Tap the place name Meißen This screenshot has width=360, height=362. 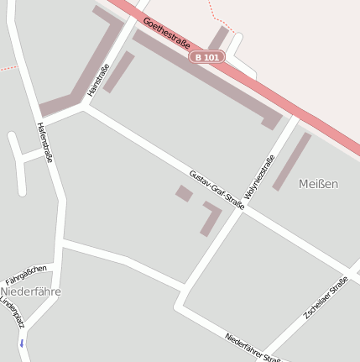coord(318,184)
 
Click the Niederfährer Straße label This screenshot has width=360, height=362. coord(253,347)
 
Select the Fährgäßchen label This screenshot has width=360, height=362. coord(26,273)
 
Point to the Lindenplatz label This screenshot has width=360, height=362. coord(13,312)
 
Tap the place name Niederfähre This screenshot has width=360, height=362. coord(30,291)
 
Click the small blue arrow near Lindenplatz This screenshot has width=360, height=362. coord(21,344)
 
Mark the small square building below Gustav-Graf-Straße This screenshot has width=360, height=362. coord(184,193)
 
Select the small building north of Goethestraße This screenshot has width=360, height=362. coord(218,38)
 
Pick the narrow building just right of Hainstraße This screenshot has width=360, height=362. coord(119,71)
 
